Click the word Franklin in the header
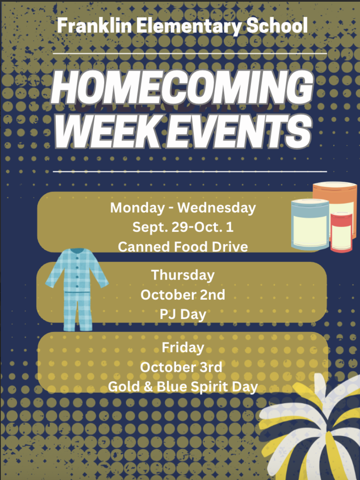click(x=94, y=26)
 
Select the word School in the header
click(x=277, y=26)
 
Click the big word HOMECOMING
click(x=182, y=88)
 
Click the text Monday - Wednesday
click(x=183, y=208)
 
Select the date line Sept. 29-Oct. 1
click(x=183, y=227)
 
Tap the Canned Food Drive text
click(x=183, y=247)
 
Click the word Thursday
click(x=183, y=275)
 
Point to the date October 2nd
click(x=183, y=295)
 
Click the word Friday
click(x=183, y=348)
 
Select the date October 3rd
click(x=181, y=367)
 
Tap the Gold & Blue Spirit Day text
click(x=183, y=387)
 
